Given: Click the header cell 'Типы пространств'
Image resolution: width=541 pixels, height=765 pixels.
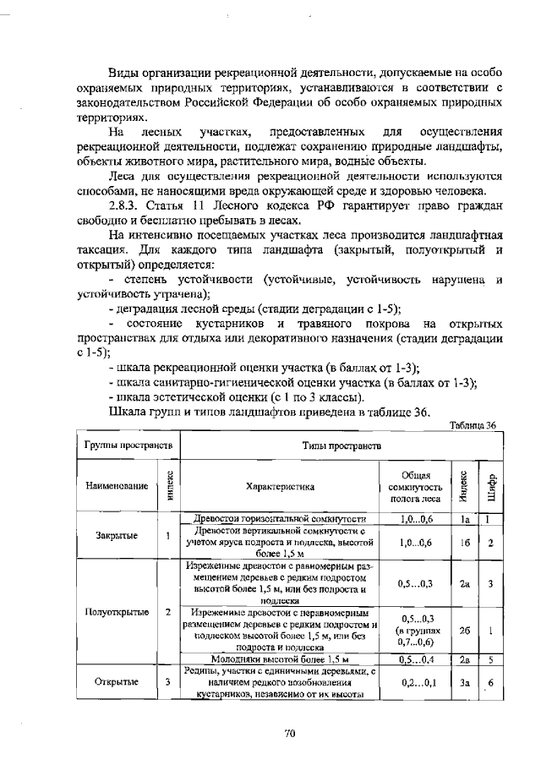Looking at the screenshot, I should (342, 444).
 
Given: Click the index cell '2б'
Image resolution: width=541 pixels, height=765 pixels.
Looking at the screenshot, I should (465, 630).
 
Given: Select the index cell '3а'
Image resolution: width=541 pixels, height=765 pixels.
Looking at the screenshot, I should (465, 682).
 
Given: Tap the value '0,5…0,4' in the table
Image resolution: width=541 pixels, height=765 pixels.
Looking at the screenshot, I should (416, 658).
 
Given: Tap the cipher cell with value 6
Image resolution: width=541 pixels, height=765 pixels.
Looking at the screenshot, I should (490, 682).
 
